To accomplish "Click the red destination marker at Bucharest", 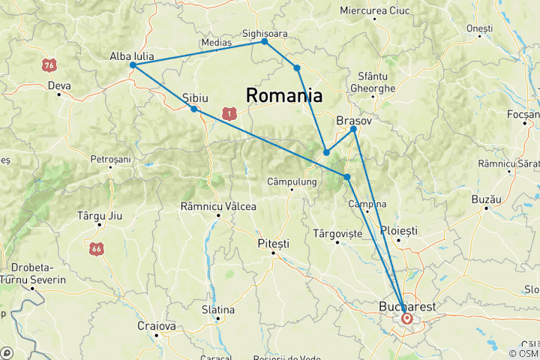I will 406,318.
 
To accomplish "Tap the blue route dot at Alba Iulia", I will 133,65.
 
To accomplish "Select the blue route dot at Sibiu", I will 194,109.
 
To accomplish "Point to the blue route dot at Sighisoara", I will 264,42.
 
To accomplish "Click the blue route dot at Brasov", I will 353,129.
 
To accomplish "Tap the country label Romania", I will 284,96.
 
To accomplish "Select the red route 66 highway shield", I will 95,247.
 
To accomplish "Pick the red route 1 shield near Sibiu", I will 229,113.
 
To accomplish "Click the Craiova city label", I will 156,326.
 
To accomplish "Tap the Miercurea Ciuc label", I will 375,10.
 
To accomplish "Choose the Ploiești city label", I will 399,230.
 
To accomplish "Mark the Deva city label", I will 58,85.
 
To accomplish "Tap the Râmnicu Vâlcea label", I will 218,206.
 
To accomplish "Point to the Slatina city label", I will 217,310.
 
